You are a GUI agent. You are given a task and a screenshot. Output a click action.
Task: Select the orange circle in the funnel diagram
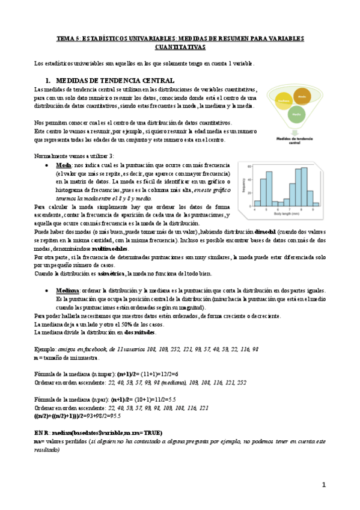[x=302, y=96]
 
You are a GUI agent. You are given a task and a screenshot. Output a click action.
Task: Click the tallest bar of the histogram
[x=304, y=186]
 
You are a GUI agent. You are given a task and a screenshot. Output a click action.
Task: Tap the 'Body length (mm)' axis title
[x=287, y=214]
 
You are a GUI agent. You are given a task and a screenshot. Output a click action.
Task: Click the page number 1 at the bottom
[x=323, y=485]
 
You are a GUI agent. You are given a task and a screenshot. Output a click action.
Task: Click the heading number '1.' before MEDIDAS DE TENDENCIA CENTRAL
[x=48, y=80]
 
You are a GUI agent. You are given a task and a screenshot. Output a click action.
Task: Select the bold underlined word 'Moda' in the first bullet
[x=63, y=165]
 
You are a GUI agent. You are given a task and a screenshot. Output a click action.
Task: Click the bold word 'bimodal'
[x=267, y=232]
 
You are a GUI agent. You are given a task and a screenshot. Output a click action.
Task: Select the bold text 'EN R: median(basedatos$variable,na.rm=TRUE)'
[x=98, y=432]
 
